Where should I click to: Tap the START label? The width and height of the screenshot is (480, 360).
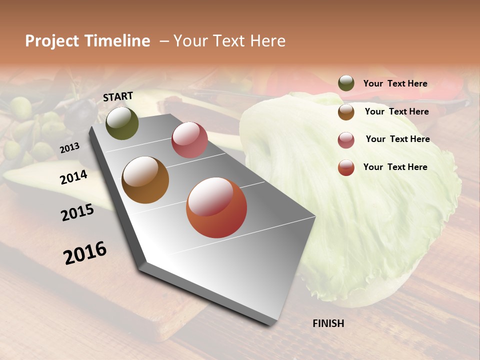(118, 96)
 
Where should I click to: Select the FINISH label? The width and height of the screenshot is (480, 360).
(328, 323)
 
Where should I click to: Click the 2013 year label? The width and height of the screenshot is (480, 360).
(69, 148)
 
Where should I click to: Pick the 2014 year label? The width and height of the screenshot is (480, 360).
(73, 177)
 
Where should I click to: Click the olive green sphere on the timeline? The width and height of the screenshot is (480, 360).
(122, 123)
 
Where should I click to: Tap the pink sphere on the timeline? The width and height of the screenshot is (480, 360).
(189, 140)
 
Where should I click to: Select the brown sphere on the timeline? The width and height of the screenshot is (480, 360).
(145, 180)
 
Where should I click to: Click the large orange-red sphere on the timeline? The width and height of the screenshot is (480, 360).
(216, 207)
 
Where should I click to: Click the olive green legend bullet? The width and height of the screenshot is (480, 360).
(346, 83)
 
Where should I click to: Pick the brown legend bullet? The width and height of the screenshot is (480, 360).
(346, 112)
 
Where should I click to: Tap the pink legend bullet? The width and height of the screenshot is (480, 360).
(346, 140)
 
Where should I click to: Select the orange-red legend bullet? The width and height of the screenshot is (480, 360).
(346, 167)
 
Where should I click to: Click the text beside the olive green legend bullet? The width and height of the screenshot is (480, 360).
(395, 84)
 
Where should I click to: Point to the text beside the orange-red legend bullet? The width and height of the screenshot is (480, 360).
(395, 167)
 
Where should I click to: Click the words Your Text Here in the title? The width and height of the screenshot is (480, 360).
(229, 41)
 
